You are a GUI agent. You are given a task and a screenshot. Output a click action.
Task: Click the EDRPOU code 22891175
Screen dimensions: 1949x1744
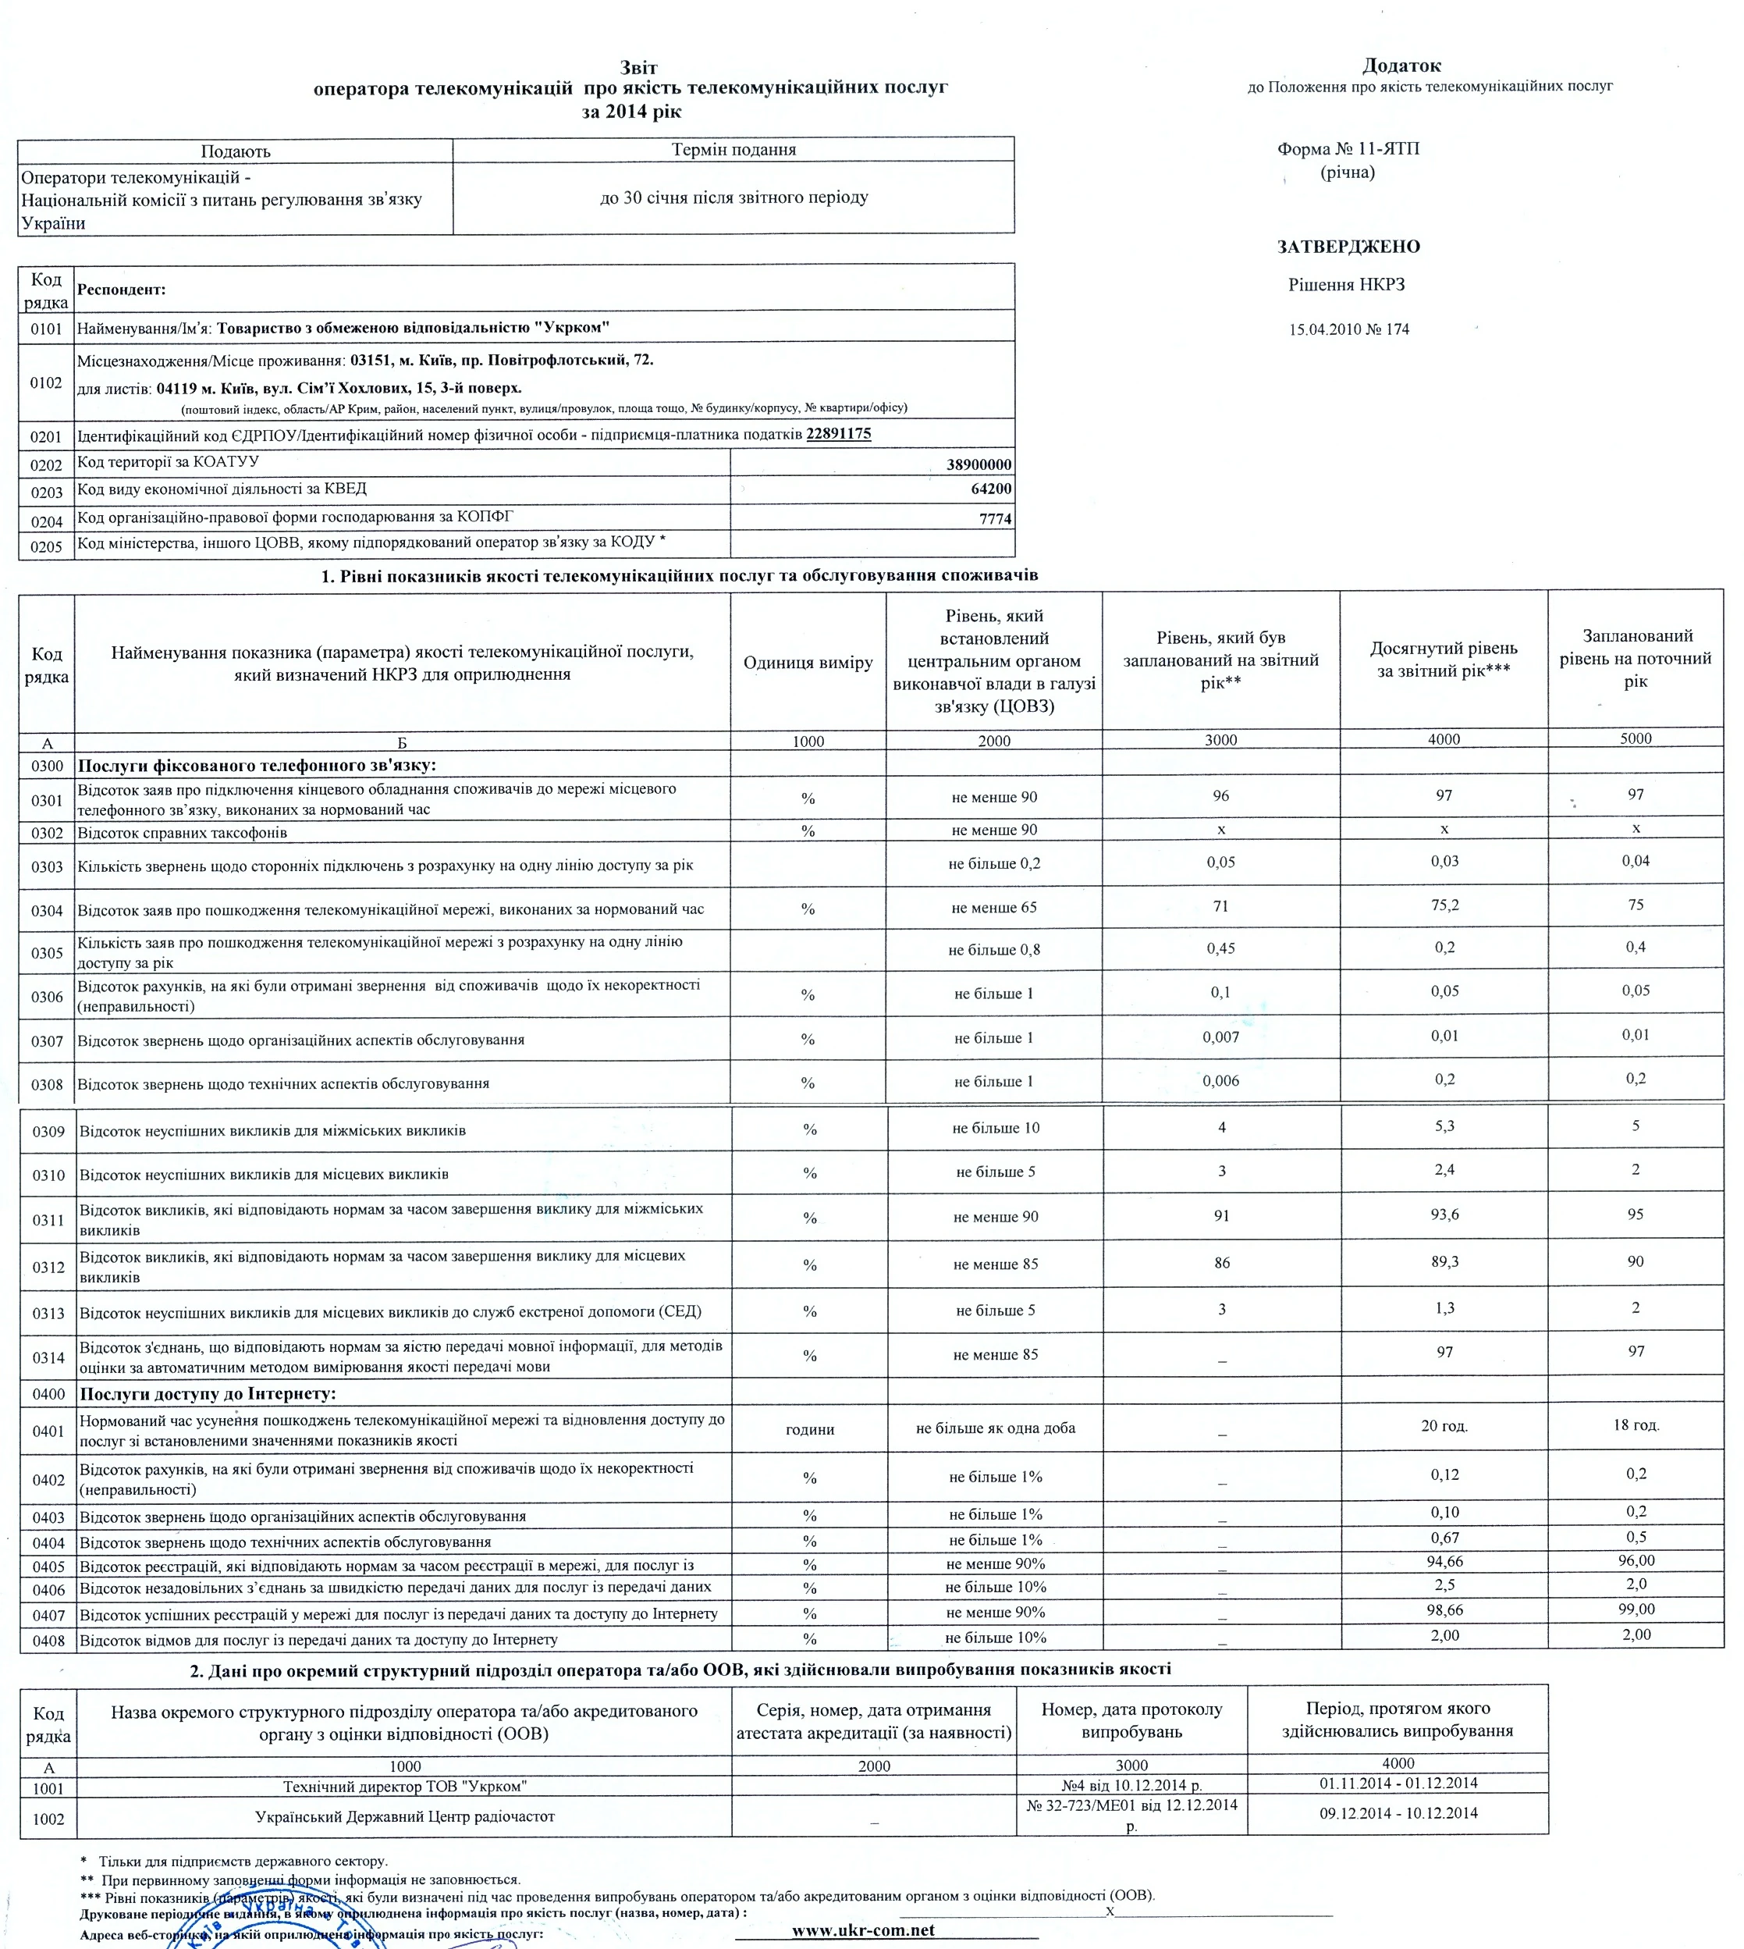[839, 433]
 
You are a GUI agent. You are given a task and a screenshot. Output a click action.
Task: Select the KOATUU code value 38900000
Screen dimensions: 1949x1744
[979, 465]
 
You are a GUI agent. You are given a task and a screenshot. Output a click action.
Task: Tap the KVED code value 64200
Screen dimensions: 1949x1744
[991, 489]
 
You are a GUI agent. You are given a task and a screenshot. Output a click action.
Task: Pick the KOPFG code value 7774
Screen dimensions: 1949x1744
[995, 518]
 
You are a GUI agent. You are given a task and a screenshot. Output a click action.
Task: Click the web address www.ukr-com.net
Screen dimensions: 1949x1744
[862, 1929]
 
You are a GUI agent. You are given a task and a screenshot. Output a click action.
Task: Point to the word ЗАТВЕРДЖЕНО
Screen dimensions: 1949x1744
[1348, 247]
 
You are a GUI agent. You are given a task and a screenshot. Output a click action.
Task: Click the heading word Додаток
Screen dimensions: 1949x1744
[1401, 66]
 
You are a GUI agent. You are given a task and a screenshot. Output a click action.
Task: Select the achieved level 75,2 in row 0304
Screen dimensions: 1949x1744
[1444, 905]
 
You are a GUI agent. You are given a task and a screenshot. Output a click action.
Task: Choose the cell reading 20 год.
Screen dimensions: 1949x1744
[1444, 1425]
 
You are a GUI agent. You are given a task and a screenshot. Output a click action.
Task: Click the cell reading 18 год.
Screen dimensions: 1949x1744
[1636, 1424]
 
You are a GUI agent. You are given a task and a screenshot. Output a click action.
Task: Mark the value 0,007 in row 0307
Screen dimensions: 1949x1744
[1220, 1037]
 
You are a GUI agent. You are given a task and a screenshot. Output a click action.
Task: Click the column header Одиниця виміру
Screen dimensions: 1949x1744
[808, 663]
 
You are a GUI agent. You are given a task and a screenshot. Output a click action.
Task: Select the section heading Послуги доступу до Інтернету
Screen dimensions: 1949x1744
[208, 1393]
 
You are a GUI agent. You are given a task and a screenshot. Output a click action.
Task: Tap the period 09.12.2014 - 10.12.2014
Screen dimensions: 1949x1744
[1398, 1813]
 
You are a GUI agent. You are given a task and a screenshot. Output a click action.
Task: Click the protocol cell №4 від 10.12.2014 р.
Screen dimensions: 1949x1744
[1131, 1786]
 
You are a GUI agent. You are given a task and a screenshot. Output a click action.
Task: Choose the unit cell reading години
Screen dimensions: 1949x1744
[810, 1429]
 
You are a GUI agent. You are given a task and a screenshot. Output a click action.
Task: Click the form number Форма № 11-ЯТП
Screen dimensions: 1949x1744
[1348, 148]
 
